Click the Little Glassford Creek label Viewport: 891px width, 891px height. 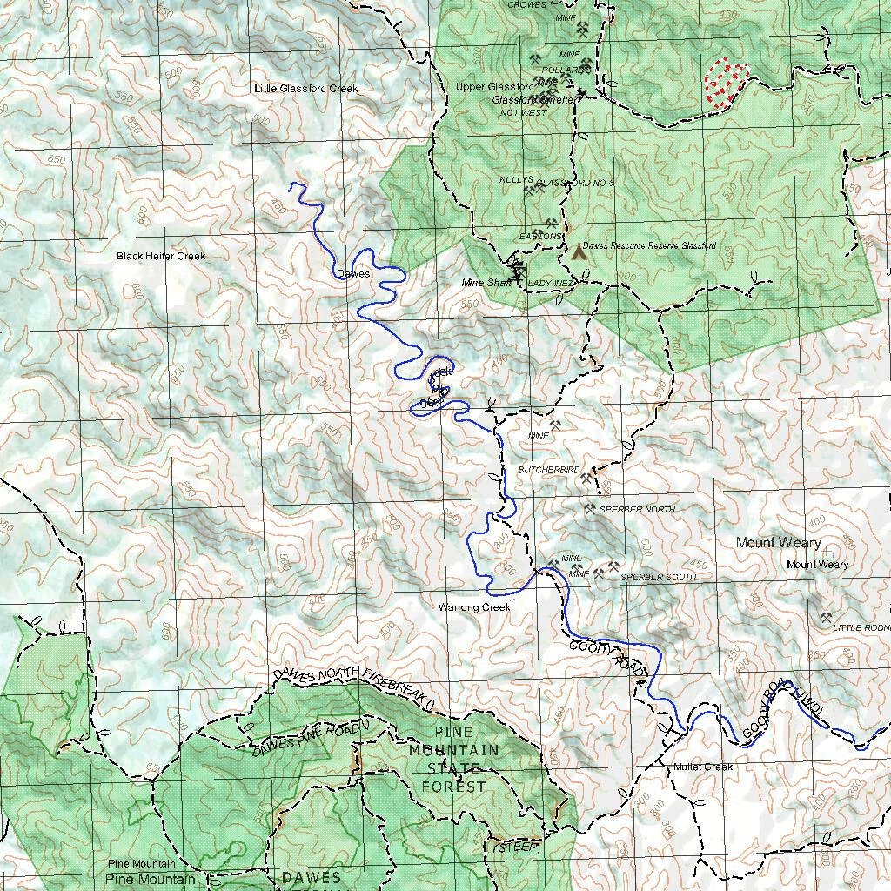305,89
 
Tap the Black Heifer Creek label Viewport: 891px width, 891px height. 161,257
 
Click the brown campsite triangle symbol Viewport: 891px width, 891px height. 578,252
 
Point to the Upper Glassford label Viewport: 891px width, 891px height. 494,87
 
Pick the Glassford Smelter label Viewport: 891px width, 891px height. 534,100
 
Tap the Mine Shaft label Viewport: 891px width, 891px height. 486,283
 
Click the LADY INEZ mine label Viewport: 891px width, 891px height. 553,284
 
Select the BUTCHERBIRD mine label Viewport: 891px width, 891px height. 549,470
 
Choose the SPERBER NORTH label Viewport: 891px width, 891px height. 637,509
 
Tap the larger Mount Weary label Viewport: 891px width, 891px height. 778,543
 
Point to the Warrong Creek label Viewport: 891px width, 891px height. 474,607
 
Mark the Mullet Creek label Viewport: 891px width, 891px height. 703,767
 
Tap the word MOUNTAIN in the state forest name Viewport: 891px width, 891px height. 454,750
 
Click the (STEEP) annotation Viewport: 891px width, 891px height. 517,847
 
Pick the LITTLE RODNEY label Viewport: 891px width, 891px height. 861,627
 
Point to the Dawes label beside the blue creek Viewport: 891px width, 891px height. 353,274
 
